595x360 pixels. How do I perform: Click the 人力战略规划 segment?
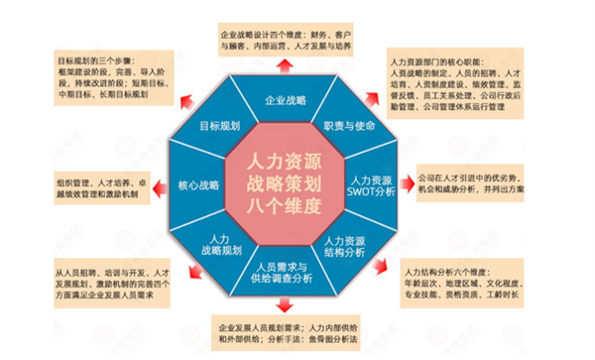pyautogui.click(x=220, y=244)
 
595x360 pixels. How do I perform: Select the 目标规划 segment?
pyautogui.click(x=216, y=127)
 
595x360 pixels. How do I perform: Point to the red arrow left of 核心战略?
pyautogui.click(x=159, y=185)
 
